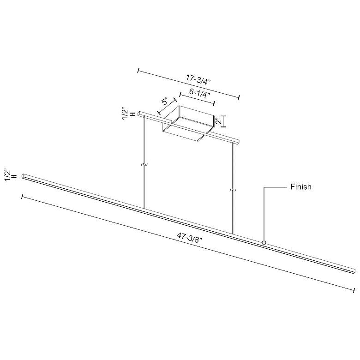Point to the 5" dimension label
click(165, 102)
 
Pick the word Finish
click(301, 187)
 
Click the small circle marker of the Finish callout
click(264, 242)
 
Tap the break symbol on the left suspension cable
click(144, 165)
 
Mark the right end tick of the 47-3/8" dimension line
click(354, 289)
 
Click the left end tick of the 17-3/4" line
click(138, 71)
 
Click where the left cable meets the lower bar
click(144, 209)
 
